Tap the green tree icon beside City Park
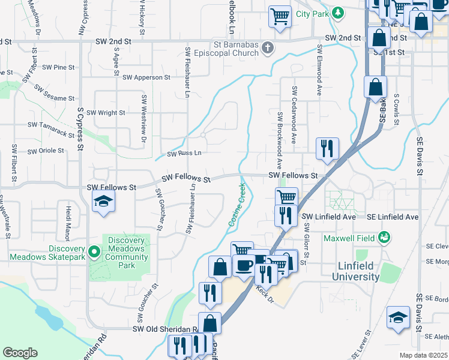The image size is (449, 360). click(339, 12)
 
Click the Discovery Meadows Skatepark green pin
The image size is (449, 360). click(94, 251)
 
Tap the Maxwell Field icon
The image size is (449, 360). click(384, 239)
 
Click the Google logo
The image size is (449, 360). click(20, 352)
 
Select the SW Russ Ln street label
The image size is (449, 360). click(184, 154)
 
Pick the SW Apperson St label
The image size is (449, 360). click(146, 77)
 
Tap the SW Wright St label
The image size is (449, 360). click(106, 112)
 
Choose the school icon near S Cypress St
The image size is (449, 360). click(103, 202)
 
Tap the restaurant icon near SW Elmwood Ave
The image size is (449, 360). click(327, 148)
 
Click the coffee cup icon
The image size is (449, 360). click(243, 266)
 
